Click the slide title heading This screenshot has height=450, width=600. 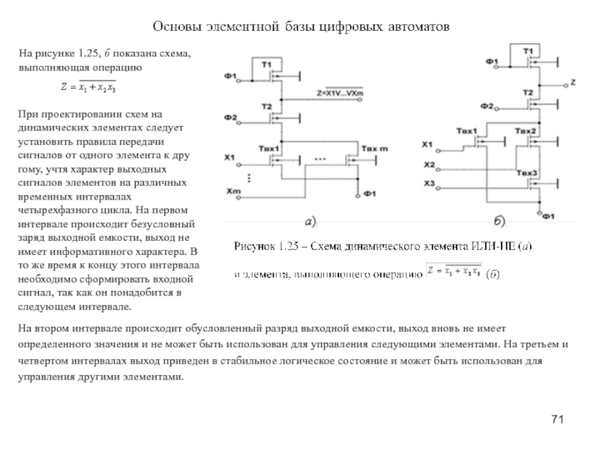coord(300,27)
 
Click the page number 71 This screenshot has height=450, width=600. coord(556,418)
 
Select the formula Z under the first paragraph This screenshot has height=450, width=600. coord(88,88)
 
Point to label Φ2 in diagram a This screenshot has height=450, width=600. coord(230,118)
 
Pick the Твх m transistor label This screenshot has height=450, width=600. coord(375,148)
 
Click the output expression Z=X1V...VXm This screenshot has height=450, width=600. coord(340,92)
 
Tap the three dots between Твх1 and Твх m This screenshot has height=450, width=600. coord(320,160)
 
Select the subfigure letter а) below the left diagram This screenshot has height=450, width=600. coord(311,221)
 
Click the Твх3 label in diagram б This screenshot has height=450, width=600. coord(526,173)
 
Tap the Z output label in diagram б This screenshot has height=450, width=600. coord(573,80)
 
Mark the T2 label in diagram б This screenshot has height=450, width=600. coord(529,93)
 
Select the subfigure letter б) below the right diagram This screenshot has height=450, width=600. coord(499,221)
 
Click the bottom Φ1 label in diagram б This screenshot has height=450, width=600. coord(548,217)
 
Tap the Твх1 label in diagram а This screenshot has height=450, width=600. coord(268,148)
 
